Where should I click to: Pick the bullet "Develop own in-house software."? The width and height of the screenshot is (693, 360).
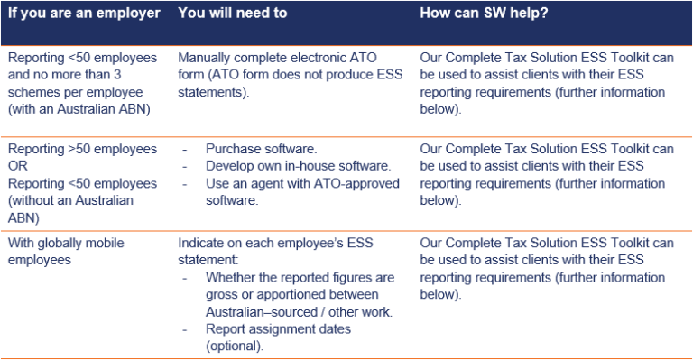point(298,166)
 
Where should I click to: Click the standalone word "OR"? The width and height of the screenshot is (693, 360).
point(19,166)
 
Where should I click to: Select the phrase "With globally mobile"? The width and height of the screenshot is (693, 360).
point(67,243)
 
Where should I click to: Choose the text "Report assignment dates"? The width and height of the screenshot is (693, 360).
point(278,328)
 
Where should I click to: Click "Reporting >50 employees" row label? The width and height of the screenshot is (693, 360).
point(83,149)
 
